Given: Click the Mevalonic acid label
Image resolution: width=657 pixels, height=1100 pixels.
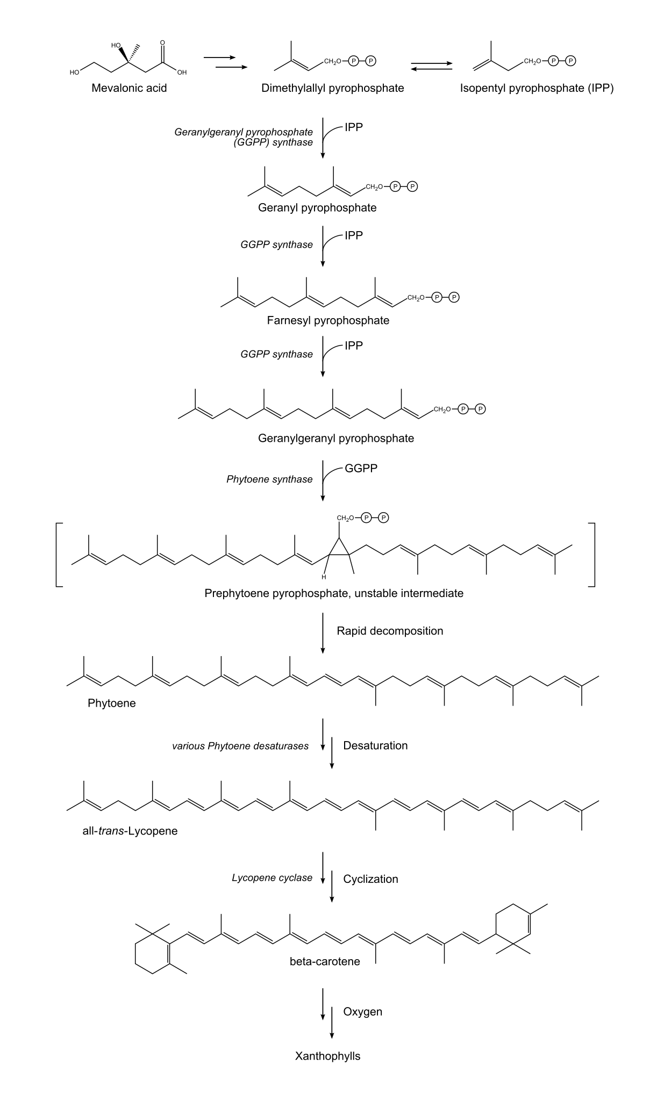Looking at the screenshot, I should pyautogui.click(x=129, y=88).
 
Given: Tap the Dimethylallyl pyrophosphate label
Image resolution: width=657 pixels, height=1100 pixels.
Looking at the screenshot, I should pyautogui.click(x=332, y=88).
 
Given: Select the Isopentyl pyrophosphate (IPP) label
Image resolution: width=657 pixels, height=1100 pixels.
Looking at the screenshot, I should pyautogui.click(x=537, y=88).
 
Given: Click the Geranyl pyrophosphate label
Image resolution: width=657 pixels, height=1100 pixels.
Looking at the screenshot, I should pyautogui.click(x=317, y=208).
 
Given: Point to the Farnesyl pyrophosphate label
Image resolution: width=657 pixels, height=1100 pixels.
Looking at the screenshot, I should pyautogui.click(x=328, y=321).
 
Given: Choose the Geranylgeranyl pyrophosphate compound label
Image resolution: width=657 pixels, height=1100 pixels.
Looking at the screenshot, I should pyautogui.click(x=336, y=438).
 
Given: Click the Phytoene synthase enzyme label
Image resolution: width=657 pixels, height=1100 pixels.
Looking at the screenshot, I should pyautogui.click(x=269, y=479).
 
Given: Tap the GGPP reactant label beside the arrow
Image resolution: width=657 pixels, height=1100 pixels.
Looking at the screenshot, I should pyautogui.click(x=361, y=469).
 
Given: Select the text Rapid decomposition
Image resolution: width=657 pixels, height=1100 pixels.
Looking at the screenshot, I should pyautogui.click(x=390, y=631).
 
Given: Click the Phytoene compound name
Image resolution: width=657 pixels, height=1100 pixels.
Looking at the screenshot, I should pyautogui.click(x=112, y=703).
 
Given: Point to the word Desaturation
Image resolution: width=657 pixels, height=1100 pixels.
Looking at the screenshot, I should pyautogui.click(x=375, y=746).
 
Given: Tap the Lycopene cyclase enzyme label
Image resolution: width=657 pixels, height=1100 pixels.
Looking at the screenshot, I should pyautogui.click(x=272, y=878).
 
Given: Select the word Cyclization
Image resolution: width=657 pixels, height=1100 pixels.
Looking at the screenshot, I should pyautogui.click(x=370, y=879).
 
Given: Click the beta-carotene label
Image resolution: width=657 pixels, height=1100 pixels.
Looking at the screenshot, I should pyautogui.click(x=325, y=961).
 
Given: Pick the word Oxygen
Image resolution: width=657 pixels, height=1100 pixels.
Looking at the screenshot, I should pyautogui.click(x=362, y=1012).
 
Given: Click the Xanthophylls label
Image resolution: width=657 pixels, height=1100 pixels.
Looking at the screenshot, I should pyautogui.click(x=327, y=1056).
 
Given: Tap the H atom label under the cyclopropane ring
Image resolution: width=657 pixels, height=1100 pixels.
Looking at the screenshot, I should pyautogui.click(x=324, y=578).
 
